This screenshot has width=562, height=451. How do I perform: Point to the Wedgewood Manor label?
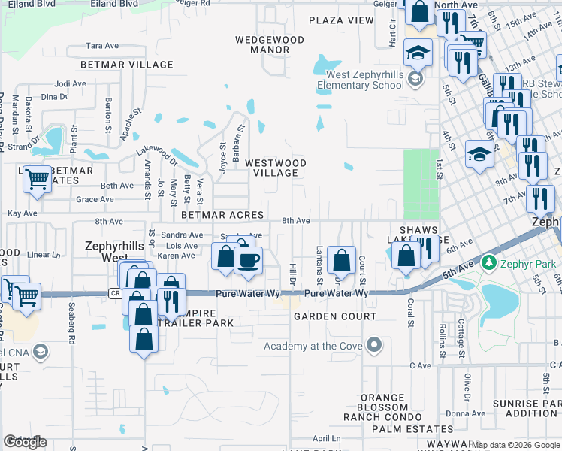[270, 44]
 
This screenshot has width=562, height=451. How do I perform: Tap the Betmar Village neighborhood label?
[110, 65]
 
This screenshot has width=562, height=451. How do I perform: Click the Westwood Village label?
[276, 168]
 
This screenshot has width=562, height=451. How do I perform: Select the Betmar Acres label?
[222, 215]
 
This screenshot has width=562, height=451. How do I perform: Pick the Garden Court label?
[334, 316]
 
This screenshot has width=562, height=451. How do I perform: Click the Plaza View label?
[340, 20]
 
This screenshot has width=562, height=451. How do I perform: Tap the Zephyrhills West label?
[104, 251]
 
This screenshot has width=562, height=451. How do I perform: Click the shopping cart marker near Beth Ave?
[36, 180]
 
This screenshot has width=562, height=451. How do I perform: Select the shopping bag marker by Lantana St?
[341, 260]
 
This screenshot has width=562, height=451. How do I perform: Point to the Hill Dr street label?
[294, 274]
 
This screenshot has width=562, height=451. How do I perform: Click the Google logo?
[25, 442]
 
